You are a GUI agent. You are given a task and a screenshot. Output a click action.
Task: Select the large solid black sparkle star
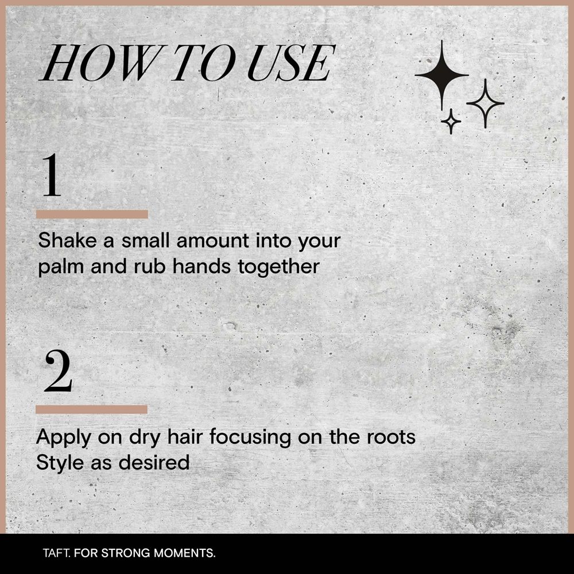pyautogui.click(x=442, y=75)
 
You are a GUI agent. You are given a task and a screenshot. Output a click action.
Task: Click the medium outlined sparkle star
pyautogui.click(x=485, y=103)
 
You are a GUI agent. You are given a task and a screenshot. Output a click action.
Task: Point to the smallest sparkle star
pyautogui.click(x=451, y=121)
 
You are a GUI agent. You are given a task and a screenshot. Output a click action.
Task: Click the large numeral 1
pyautogui.click(x=52, y=175)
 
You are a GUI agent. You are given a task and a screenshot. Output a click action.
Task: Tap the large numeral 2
pyautogui.click(x=58, y=371)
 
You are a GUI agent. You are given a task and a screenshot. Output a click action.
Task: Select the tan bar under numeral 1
pyautogui.click(x=92, y=214)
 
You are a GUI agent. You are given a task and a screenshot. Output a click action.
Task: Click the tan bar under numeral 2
pyautogui.click(x=91, y=409)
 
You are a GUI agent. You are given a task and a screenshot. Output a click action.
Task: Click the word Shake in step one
pyautogui.click(x=67, y=241)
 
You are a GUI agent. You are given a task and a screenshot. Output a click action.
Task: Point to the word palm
pyautogui.click(x=61, y=267)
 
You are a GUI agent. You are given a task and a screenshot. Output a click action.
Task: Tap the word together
pyautogui.click(x=278, y=266)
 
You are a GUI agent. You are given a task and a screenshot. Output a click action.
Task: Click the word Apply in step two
pyautogui.click(x=63, y=438)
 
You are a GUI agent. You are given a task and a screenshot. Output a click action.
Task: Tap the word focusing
pyautogui.click(x=250, y=438)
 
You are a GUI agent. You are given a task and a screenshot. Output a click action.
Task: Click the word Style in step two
pyautogui.click(x=60, y=463)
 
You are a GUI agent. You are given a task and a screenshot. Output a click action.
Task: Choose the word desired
pyautogui.click(x=154, y=462)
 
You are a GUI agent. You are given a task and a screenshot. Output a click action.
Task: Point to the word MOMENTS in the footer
pyautogui.click(x=184, y=553)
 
